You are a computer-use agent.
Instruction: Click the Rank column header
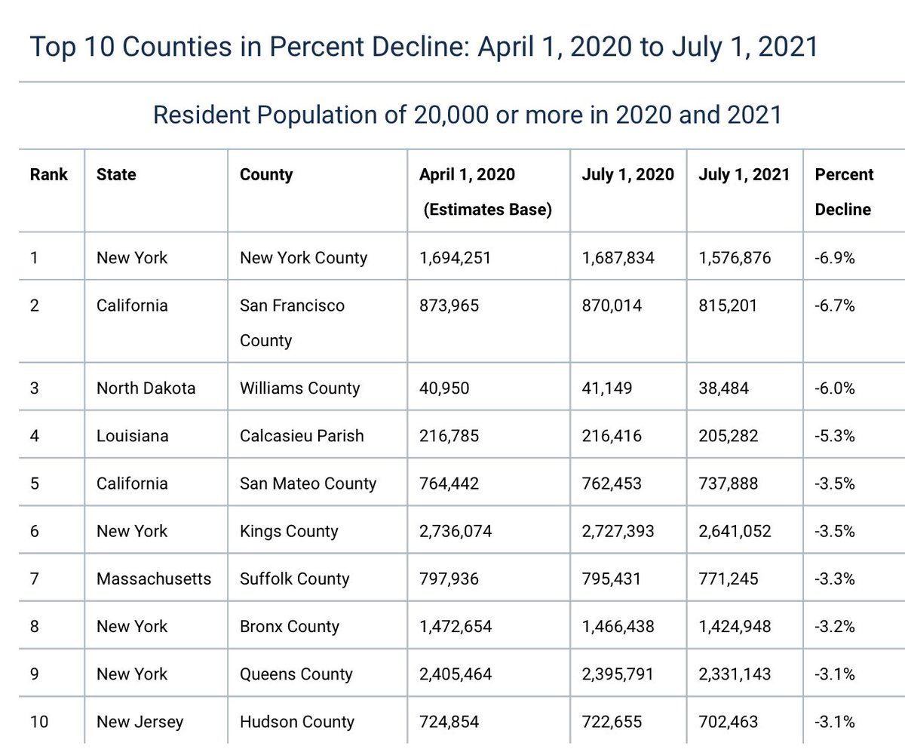tap(48, 174)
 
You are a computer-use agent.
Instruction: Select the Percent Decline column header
tap(844, 192)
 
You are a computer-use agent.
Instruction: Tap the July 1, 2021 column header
tap(744, 174)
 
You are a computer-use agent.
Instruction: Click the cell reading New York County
tap(303, 258)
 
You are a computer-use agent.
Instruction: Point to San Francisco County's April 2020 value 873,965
tap(449, 305)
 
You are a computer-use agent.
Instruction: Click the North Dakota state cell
tap(146, 388)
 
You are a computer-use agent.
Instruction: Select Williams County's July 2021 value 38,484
tap(723, 388)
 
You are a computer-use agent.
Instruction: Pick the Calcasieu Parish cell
tap(302, 436)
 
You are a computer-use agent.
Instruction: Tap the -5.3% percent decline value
tap(835, 436)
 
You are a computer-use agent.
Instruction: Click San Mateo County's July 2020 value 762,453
tap(612, 483)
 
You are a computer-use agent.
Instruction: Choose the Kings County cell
tap(289, 531)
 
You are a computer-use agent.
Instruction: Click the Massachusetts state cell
tap(154, 579)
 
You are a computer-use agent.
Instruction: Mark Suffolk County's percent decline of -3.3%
tap(835, 579)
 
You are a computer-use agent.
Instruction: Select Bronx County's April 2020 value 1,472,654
tap(456, 626)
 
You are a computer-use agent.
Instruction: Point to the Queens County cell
tap(296, 674)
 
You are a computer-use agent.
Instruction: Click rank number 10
tap(39, 722)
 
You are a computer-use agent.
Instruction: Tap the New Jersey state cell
tap(140, 722)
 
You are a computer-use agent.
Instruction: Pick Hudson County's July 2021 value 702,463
tap(729, 722)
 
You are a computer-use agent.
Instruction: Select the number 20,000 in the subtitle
tap(451, 115)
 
